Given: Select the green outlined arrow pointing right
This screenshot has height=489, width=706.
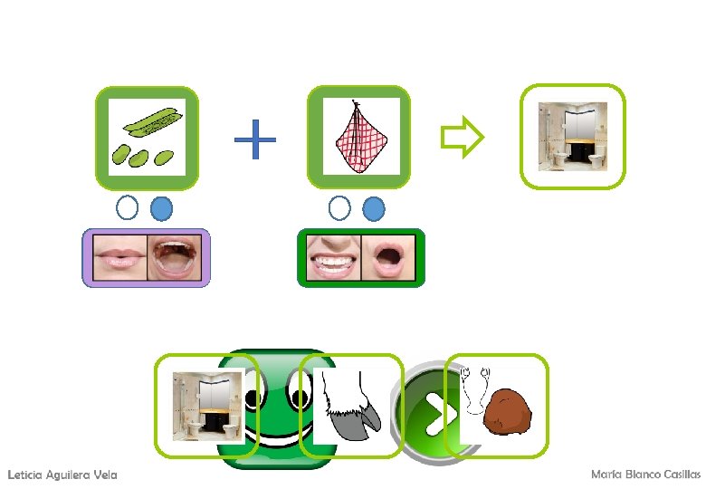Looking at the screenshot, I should coord(462,138).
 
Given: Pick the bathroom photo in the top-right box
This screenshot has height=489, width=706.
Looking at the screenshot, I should coord(573,136).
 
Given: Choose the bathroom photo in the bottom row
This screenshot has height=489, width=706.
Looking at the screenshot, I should coord(207,406).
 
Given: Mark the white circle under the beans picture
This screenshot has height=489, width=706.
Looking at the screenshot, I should coord(128,209).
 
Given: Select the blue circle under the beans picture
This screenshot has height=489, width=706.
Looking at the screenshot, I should coord(161,209).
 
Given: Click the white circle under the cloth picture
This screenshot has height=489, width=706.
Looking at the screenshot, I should coord(339,209).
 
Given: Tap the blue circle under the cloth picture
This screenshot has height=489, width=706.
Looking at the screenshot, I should coord(373,209).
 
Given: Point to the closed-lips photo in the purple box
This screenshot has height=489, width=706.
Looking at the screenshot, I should coord(117,257).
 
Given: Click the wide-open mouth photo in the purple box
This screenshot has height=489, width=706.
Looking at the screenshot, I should coord(176,257).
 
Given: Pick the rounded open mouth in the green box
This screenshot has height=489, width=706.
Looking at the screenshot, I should coord(389,258).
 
